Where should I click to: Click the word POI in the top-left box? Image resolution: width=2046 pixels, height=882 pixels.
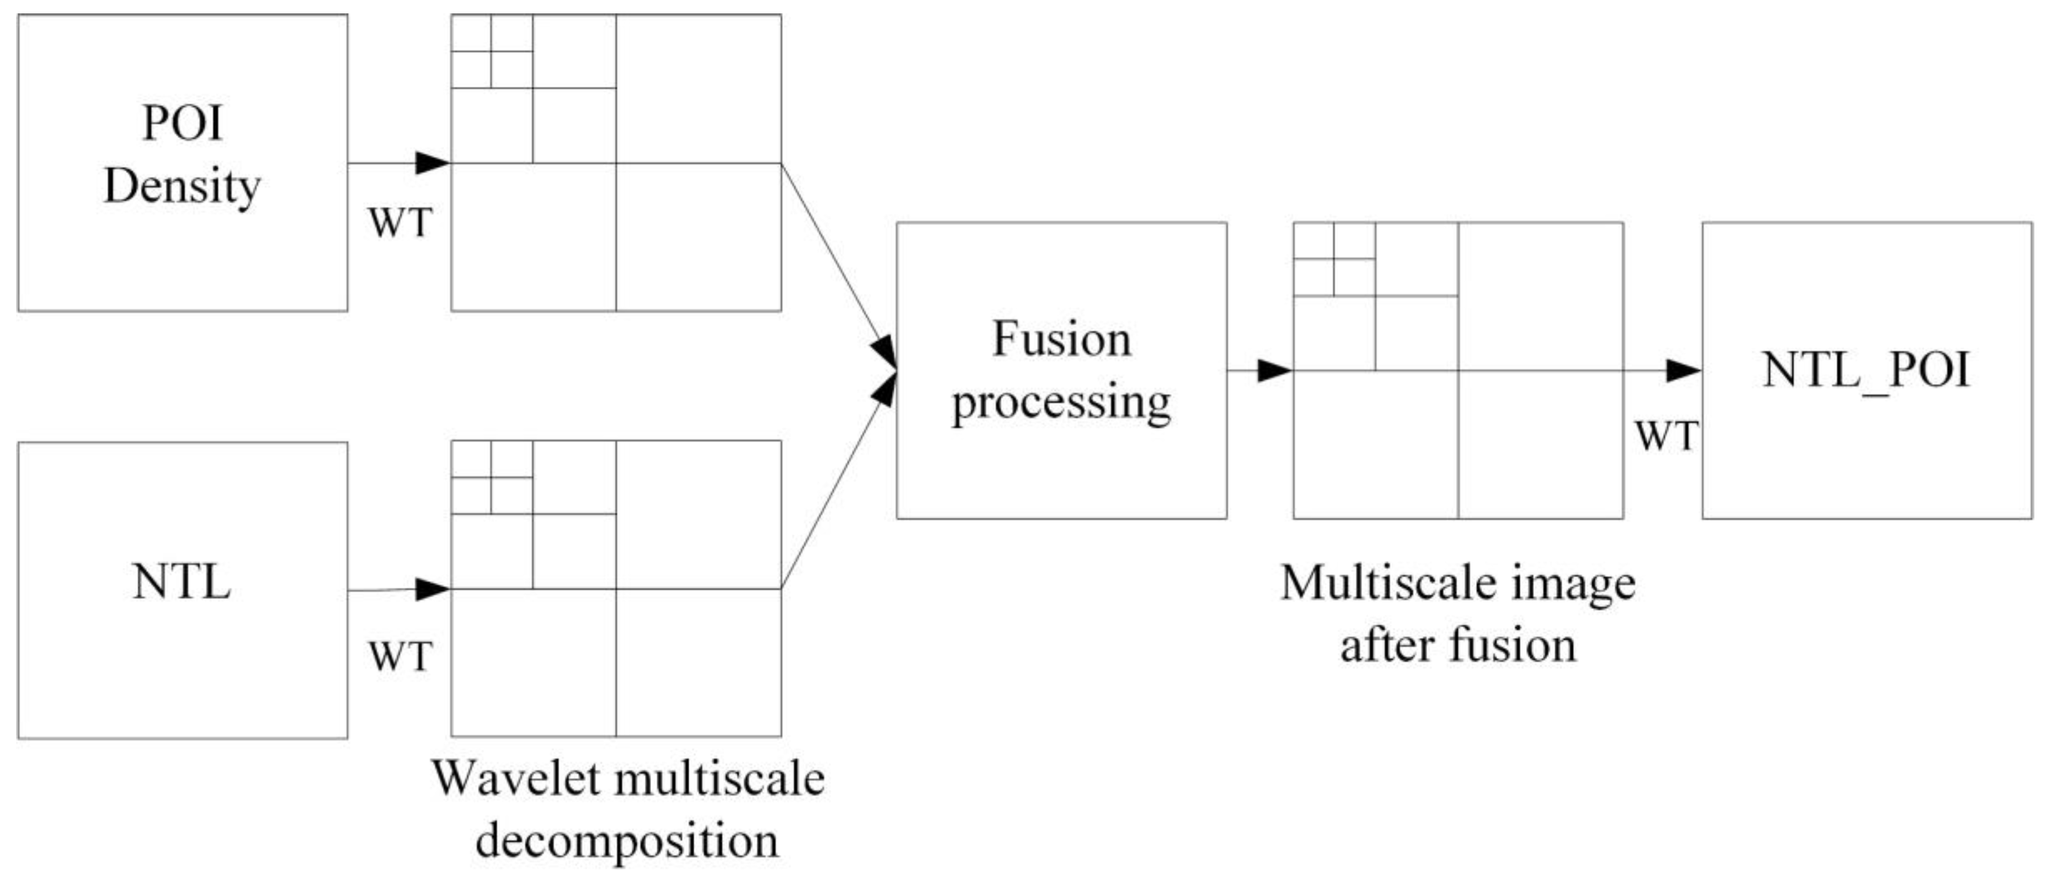point(183,123)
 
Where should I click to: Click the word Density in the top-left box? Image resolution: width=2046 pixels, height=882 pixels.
point(183,187)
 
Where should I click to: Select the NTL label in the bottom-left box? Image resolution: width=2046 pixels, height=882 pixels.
point(182,582)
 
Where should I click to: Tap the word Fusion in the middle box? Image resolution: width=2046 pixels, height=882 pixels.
point(1062,339)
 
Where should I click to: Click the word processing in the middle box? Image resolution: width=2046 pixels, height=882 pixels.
point(1061,403)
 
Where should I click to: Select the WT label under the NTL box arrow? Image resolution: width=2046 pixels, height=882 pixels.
point(400,656)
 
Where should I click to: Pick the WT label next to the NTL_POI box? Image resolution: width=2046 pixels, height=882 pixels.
point(1666,435)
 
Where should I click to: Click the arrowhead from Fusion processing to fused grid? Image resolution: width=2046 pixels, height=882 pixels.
point(1274,370)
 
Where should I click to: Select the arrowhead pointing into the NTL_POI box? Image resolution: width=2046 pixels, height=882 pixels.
point(1682,370)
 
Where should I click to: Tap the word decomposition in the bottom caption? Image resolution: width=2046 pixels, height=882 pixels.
point(628,841)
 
